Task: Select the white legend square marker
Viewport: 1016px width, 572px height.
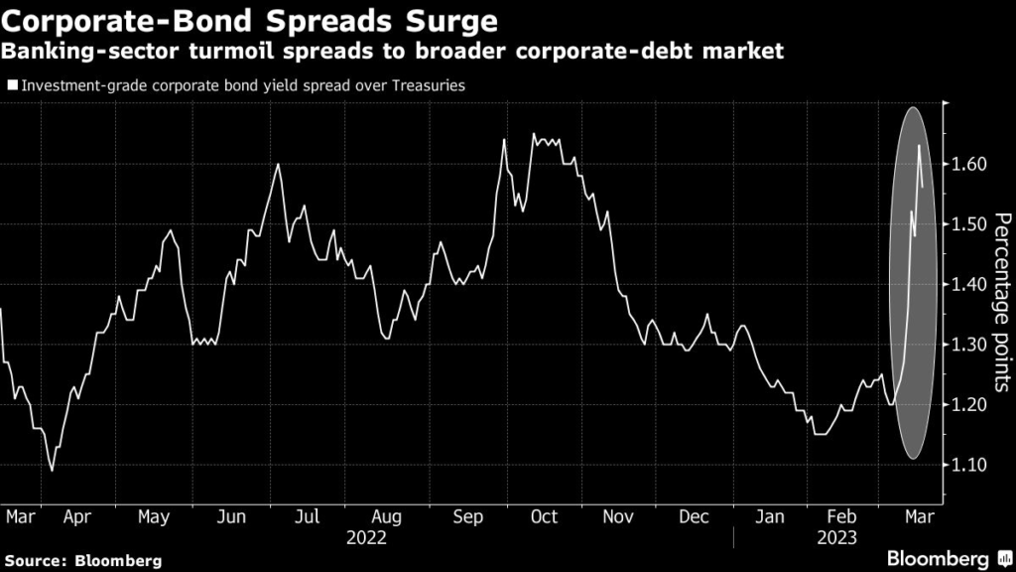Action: click(12, 85)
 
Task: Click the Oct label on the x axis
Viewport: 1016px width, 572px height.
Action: click(545, 517)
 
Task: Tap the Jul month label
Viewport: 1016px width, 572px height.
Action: click(308, 517)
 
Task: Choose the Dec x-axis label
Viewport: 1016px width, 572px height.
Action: click(694, 517)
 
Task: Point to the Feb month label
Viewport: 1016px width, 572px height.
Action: click(842, 517)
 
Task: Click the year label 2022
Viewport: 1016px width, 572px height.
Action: click(367, 539)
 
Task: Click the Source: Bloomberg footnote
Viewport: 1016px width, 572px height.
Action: click(82, 561)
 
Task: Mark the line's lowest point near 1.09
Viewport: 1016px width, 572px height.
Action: click(52, 470)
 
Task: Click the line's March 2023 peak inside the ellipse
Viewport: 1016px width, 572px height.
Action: click(919, 146)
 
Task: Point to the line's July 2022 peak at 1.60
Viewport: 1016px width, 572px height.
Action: click(278, 164)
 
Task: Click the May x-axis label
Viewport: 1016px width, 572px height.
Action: click(153, 517)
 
